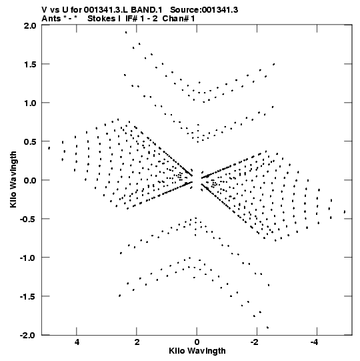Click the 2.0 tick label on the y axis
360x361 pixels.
click(30, 25)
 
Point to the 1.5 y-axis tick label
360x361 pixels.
click(30, 65)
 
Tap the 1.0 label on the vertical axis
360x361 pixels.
click(30, 103)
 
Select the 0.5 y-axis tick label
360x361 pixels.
click(30, 141)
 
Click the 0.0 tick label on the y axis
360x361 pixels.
click(30, 180)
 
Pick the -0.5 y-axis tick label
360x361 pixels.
click(28, 219)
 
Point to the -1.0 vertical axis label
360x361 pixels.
click(28, 258)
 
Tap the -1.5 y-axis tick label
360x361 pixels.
click(28, 296)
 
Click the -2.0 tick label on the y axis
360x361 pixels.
click(28, 335)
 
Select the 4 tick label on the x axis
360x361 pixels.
click(77, 342)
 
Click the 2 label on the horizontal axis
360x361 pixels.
click(137, 342)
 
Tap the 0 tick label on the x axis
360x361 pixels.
click(197, 342)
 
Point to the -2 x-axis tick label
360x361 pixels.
click(255, 342)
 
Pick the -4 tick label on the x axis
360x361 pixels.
click(315, 342)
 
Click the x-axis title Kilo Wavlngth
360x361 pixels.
click(197, 351)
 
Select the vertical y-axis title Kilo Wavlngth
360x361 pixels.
click(13, 179)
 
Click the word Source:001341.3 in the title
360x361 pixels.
click(204, 10)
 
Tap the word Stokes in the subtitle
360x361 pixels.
click(101, 19)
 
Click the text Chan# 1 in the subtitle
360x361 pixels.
click(179, 19)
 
